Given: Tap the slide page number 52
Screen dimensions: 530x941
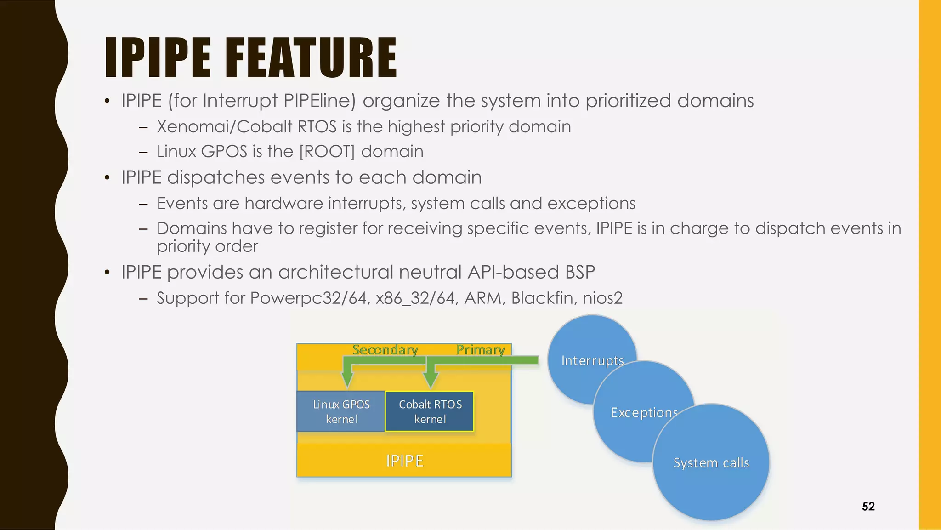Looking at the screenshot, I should coord(868,507).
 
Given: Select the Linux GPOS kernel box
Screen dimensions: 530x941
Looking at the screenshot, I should coord(341,411).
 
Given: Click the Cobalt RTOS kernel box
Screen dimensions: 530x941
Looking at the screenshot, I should coord(430,411).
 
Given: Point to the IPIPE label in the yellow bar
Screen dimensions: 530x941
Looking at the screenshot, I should coord(404,461).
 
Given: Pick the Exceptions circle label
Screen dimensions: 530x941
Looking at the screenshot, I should coord(644,412).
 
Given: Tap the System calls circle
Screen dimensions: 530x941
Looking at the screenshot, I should coord(711,462).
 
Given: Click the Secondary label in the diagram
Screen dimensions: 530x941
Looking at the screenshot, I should coord(385,350).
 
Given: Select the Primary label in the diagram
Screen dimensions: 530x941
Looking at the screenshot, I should coord(480,350).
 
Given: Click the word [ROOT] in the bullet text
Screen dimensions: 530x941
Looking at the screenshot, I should coord(327,151).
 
